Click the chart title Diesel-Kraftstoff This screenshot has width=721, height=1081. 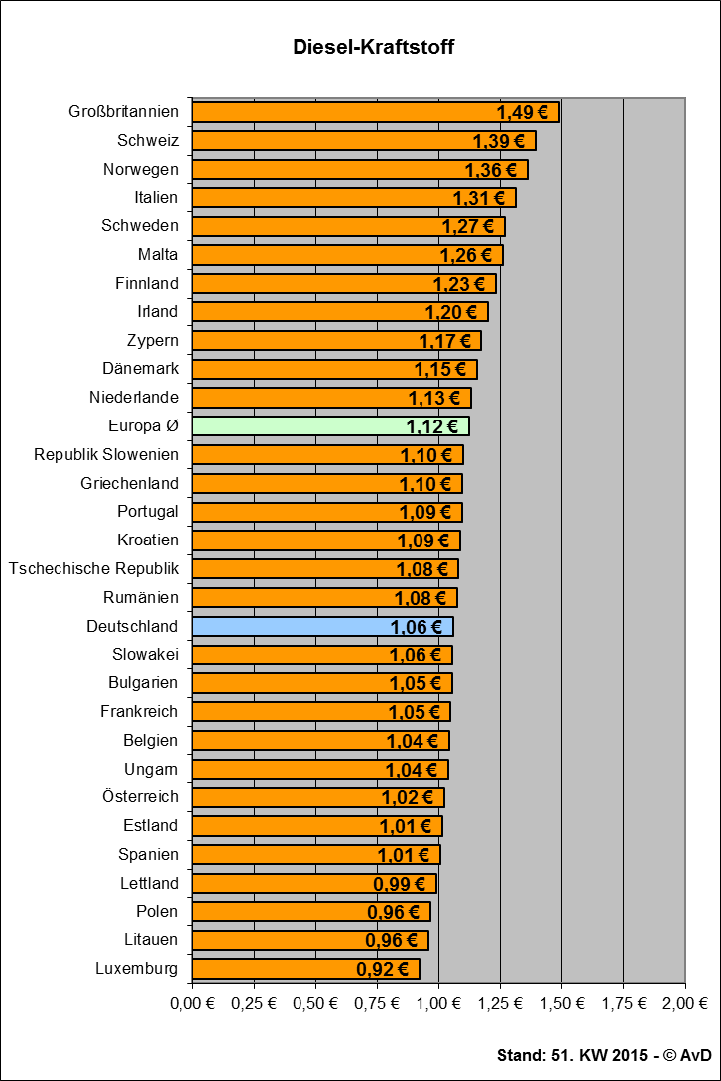point(374,47)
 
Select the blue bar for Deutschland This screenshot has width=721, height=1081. point(322,627)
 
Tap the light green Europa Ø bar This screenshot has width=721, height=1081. point(331,426)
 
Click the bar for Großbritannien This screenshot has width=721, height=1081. point(376,112)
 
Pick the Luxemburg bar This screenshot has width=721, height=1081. point(306,969)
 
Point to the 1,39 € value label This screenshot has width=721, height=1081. point(499,142)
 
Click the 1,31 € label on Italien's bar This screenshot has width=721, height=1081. point(478,198)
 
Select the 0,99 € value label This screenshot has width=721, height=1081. point(399,884)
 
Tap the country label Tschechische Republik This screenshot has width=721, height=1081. point(93,569)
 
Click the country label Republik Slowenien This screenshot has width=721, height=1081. point(106,455)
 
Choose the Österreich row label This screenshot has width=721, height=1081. point(140,796)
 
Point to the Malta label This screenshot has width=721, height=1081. point(157,255)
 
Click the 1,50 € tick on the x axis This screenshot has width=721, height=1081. point(561,1003)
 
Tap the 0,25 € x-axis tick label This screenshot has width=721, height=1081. point(254,1003)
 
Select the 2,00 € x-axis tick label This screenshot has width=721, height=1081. point(685,1003)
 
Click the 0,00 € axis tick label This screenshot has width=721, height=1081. point(192,1003)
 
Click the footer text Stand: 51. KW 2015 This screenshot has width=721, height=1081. point(572,1055)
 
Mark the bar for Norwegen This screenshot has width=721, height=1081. point(360,170)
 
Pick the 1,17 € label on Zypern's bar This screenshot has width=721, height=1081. point(445,341)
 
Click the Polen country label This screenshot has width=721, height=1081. point(157,911)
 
